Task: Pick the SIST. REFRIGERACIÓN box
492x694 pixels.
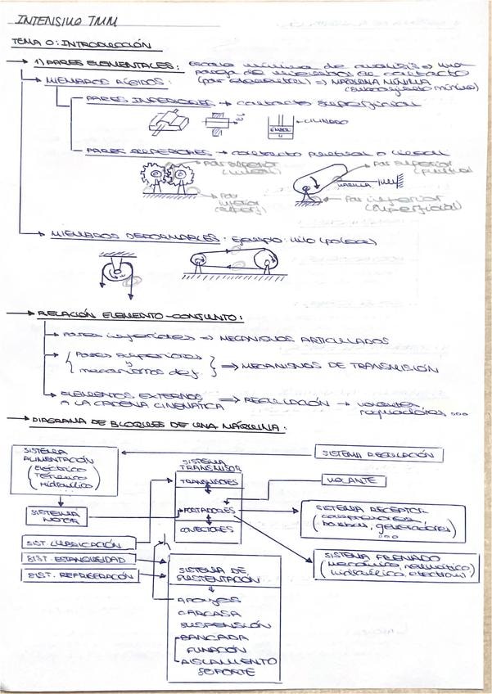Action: (79, 575)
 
